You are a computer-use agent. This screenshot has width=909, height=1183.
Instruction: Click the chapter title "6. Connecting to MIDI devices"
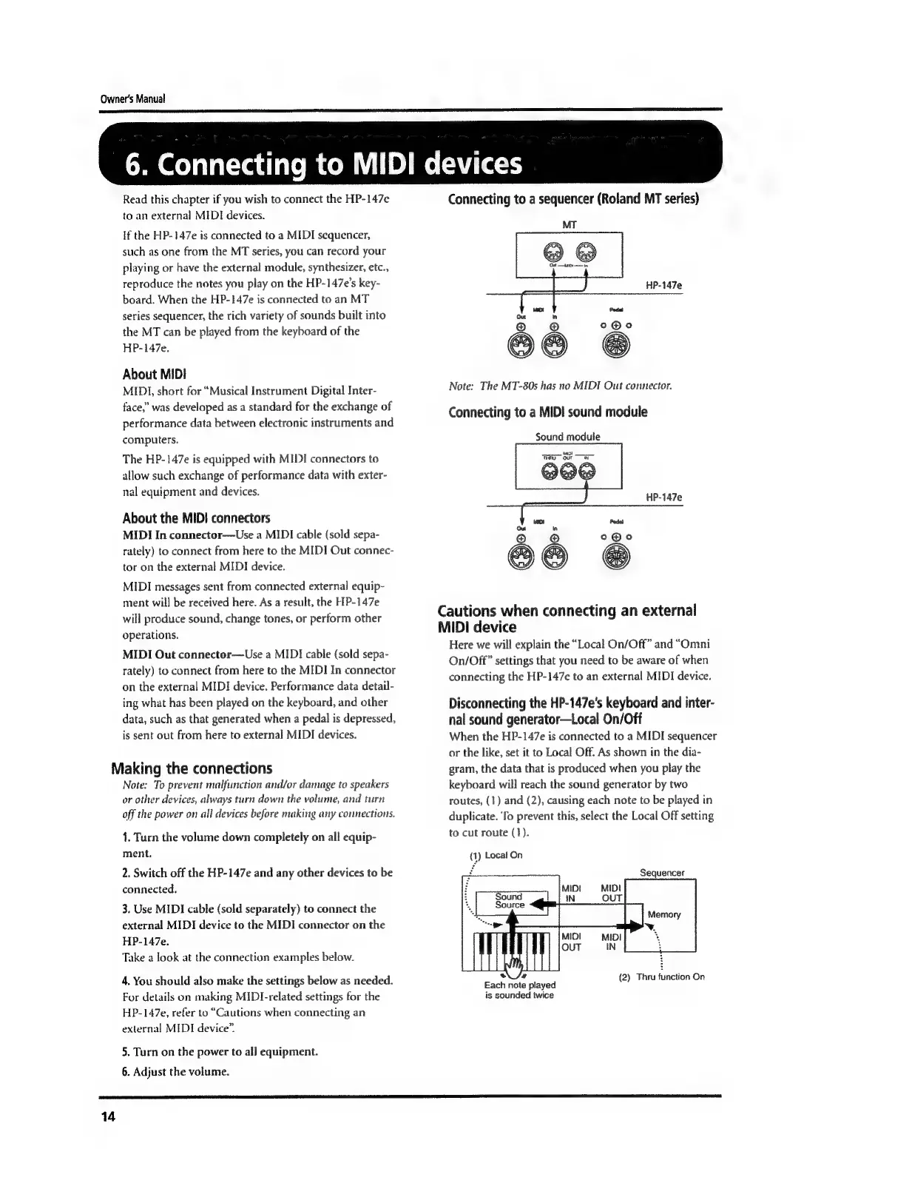coord(323,164)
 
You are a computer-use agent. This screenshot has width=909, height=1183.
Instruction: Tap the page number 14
coord(109,1117)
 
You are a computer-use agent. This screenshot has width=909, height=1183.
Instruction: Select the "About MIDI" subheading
coord(154,374)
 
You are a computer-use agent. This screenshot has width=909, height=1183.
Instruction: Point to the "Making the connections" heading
coord(191,768)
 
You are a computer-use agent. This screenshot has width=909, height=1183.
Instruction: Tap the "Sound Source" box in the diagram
coord(510,901)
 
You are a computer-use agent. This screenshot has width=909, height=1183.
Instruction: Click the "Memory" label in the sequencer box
coord(663,914)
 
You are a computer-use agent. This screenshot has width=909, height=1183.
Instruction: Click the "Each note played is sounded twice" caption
coord(519,990)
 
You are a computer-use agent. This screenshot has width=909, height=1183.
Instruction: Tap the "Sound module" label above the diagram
coord(567,437)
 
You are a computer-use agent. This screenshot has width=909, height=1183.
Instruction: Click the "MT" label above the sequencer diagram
coord(570,224)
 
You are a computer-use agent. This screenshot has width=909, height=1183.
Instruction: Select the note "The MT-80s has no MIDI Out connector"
coord(560,386)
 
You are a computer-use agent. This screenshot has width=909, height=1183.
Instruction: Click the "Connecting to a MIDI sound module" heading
coord(547,412)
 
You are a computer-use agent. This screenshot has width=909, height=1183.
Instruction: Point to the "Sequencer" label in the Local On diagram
coord(662,873)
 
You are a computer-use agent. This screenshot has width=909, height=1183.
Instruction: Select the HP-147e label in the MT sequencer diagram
coord(663,285)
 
